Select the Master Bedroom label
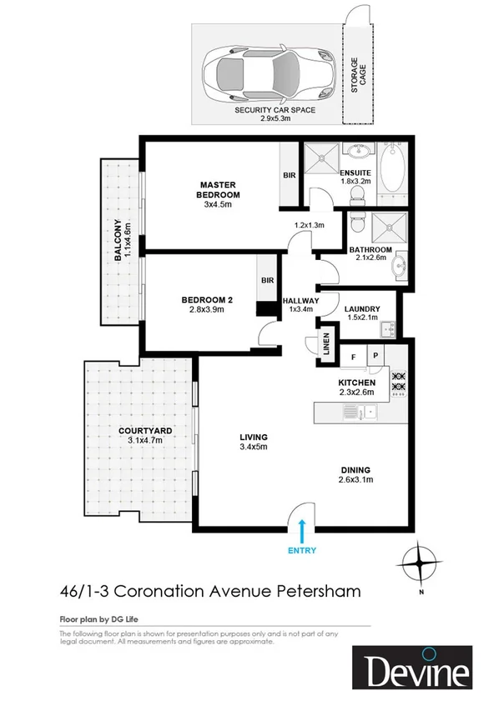218,190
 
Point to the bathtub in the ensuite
391,168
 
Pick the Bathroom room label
370,250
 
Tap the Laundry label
362,308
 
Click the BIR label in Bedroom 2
268,281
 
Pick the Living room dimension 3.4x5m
253,447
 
